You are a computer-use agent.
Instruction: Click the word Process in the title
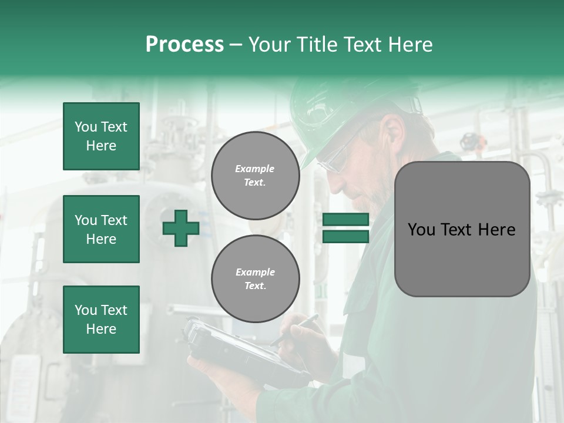point(184,44)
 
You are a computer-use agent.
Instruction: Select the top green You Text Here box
point(101,136)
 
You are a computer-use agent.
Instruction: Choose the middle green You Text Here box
point(101,229)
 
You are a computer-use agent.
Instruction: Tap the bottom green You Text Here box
point(101,320)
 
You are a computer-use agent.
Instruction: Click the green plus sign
point(181,228)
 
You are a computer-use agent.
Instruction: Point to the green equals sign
point(345,228)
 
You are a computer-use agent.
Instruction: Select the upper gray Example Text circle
point(255,176)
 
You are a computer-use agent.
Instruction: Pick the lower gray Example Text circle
point(255,278)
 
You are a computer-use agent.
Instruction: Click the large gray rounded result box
point(462,229)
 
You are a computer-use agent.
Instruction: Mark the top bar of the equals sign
point(345,220)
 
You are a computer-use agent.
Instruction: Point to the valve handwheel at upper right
point(468,141)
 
